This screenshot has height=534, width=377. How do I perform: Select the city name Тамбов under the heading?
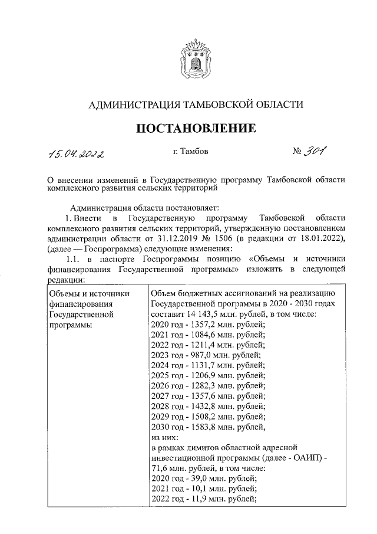tap(194, 152)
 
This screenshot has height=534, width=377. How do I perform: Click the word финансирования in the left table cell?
tap(77, 303)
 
